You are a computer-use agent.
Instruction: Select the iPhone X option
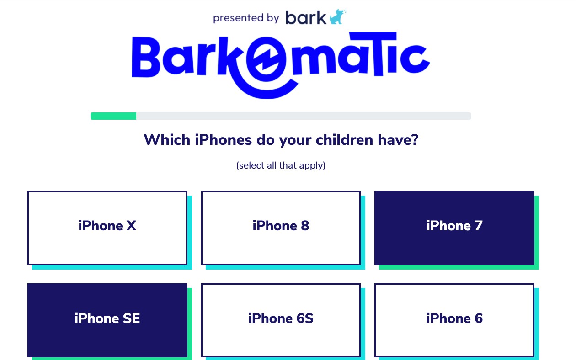point(107,228)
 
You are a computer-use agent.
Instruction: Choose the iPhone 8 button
point(281,228)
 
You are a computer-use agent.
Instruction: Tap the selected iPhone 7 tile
point(454,228)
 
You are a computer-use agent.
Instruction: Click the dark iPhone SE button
point(107,320)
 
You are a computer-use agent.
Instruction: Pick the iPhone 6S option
point(281,320)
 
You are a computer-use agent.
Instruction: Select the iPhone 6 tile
point(454,320)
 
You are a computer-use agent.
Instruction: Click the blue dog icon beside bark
point(338,17)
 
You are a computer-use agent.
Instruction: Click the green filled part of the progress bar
point(113,116)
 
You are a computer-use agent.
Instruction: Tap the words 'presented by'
point(246,18)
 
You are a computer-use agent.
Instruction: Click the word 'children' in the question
point(344,140)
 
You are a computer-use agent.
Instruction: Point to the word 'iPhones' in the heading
point(223,140)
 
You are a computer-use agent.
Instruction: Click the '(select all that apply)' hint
point(281,165)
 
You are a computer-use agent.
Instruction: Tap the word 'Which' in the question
point(167,140)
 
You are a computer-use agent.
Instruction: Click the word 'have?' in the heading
point(398,140)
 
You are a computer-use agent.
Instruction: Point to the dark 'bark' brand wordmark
point(306,17)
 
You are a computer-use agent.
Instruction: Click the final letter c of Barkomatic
point(415,59)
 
